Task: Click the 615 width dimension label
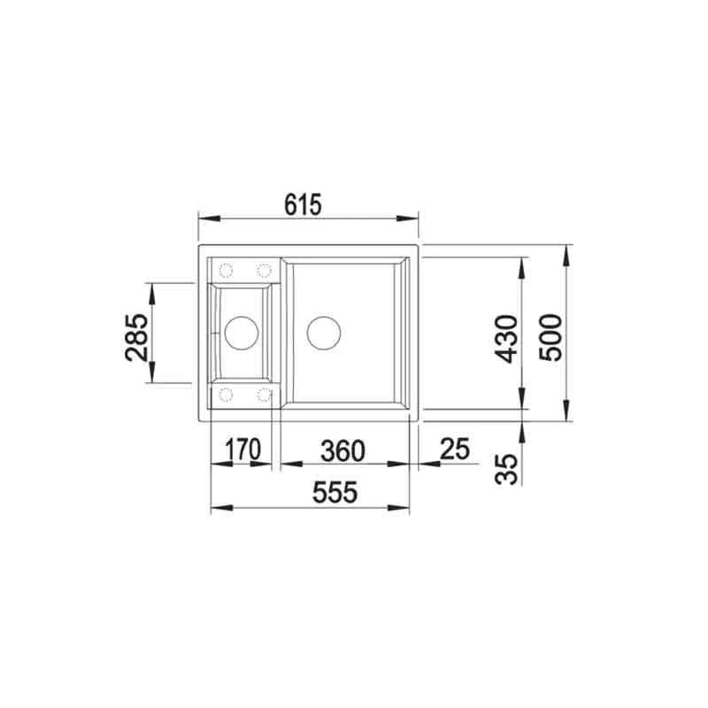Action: [x=303, y=204]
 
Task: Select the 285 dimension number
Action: [x=136, y=337]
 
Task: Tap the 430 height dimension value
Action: [x=505, y=339]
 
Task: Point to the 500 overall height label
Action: [x=550, y=337]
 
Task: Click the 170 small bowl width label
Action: [x=242, y=450]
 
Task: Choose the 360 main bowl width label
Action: [x=342, y=451]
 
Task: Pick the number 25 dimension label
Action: [x=455, y=449]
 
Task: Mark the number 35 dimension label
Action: [x=505, y=470]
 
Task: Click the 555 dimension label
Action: [x=335, y=492]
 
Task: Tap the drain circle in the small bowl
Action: [x=242, y=334]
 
